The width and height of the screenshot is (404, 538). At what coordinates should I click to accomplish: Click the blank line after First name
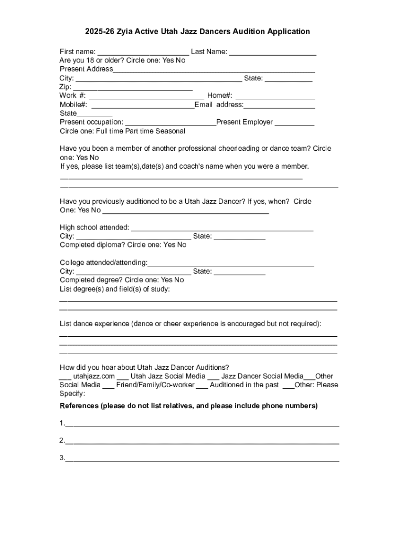pos(143,52)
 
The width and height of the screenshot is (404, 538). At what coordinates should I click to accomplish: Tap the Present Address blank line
pos(214,69)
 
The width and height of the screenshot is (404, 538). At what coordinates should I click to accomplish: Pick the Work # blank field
pos(146,96)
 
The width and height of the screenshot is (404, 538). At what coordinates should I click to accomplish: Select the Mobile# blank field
pos(143,105)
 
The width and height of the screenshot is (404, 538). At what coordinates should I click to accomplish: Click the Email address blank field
pos(279,105)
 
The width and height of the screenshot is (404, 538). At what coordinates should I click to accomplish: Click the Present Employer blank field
pos(294,122)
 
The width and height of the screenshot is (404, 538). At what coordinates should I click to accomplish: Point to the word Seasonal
pos(169,131)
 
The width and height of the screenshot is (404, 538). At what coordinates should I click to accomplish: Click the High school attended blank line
pos(222,227)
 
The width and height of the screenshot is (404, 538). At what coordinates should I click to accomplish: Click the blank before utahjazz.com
pos(65,377)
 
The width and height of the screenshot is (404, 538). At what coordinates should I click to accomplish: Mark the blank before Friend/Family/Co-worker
pos(109,386)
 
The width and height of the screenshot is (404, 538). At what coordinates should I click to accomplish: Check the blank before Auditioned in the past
pos(202,386)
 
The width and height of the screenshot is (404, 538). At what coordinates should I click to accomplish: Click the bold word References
pos(79,406)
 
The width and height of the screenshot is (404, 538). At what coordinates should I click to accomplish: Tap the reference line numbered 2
pos(202,441)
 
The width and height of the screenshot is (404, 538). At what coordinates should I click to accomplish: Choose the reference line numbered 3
pos(202,458)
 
